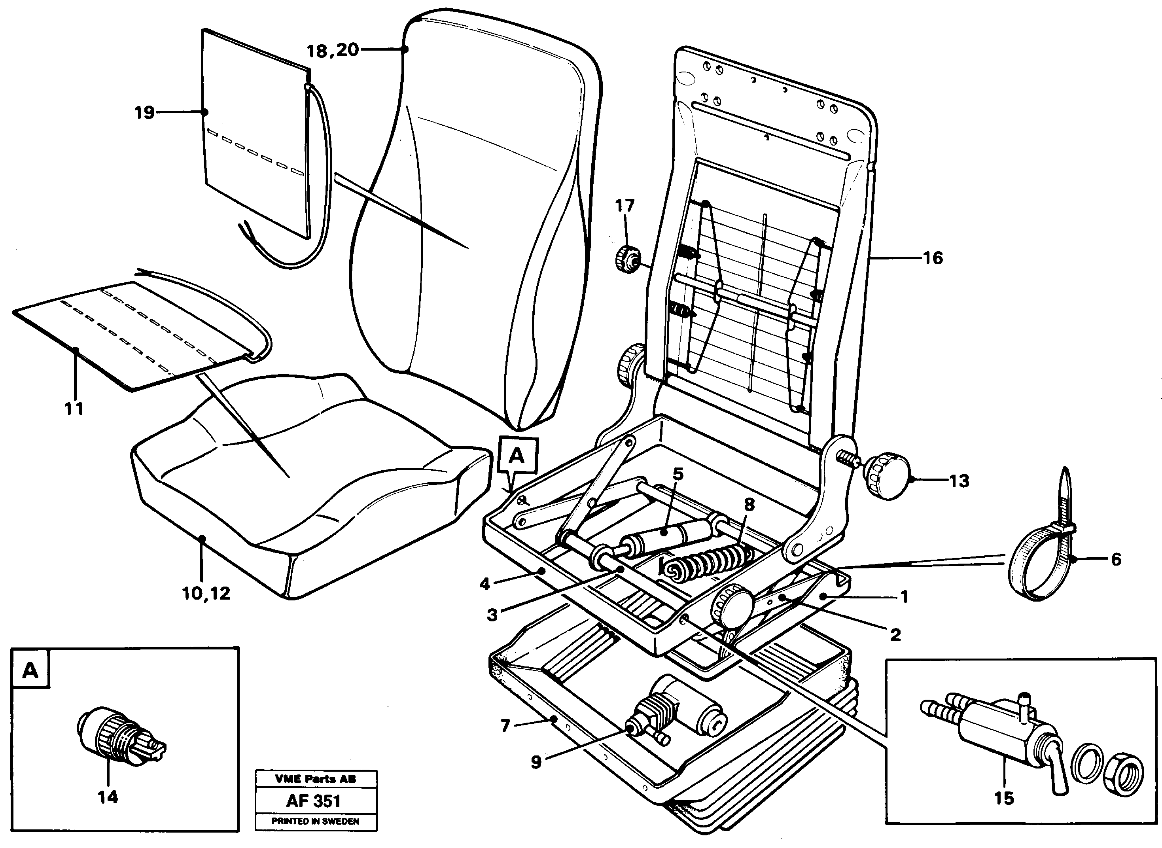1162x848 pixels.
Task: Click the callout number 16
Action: (933, 258)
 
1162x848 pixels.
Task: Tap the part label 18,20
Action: (333, 50)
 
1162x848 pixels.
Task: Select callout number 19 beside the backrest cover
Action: (144, 112)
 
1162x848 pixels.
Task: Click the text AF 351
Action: (313, 801)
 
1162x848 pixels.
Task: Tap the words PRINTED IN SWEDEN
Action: (315, 821)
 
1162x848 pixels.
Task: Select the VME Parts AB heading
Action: (315, 779)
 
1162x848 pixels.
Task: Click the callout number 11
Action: (74, 409)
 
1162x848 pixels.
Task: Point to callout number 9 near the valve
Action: (536, 762)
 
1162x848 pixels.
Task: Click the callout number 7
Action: (505, 726)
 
